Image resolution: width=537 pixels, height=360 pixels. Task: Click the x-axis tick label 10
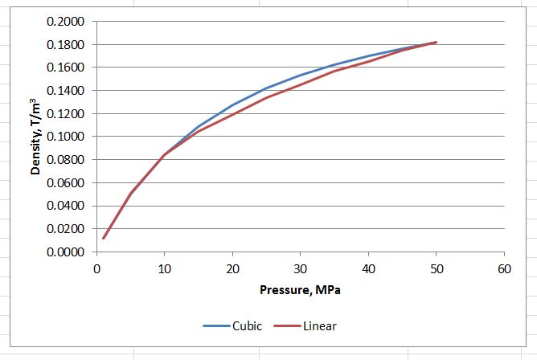click(x=164, y=269)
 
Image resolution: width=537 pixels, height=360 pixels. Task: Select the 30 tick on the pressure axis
click(x=300, y=269)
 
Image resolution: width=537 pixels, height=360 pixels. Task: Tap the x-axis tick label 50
click(x=436, y=269)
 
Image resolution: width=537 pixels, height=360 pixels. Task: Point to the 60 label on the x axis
click(x=504, y=269)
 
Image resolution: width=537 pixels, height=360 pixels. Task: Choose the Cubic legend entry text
click(x=247, y=326)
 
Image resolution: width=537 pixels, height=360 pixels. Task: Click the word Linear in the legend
click(x=320, y=326)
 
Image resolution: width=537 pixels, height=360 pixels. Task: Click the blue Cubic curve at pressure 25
click(x=266, y=88)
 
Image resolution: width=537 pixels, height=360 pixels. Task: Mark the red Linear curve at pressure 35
click(x=334, y=72)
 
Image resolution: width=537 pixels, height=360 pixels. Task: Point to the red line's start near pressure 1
click(x=103, y=238)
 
